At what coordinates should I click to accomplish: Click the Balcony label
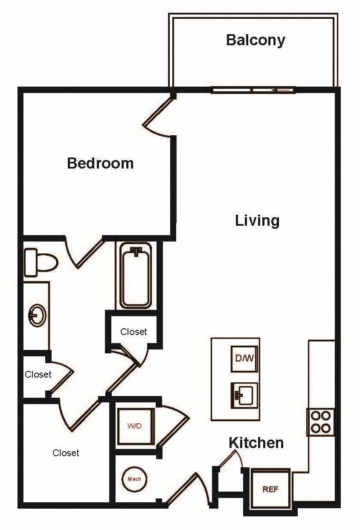pos(255,40)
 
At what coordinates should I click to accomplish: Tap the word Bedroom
pos(100,163)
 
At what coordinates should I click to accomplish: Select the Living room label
pos(257,221)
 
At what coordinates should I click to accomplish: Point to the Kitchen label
pos(256,443)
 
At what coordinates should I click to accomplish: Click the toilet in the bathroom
pos(40,262)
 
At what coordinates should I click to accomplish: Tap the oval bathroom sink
pos(38,316)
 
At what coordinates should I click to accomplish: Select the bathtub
pos(136,276)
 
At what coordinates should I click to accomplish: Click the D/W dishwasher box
pos(244,358)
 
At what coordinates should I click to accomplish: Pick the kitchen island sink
pos(244,395)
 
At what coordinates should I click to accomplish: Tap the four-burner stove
pos(320,422)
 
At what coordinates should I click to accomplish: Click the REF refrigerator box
pos(270,489)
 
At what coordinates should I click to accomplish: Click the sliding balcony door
pos(253,90)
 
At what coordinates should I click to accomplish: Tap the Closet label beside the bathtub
pos(134,332)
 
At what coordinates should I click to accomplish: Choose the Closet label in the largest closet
pos(66,453)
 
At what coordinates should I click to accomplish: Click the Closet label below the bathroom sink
pos(38,375)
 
